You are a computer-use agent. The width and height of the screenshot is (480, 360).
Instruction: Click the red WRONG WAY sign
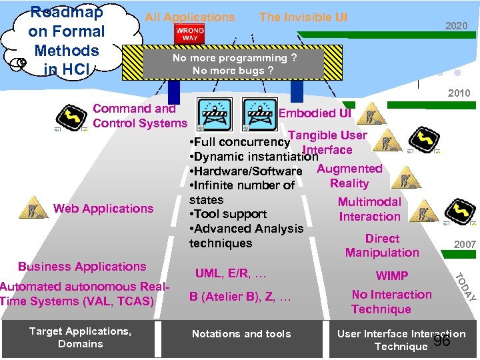tap(189, 34)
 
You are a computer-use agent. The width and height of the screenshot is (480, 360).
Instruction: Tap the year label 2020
tap(457, 26)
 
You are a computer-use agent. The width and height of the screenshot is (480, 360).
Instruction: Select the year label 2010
tap(459, 93)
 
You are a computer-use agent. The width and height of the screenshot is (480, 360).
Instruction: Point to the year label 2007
tap(465, 245)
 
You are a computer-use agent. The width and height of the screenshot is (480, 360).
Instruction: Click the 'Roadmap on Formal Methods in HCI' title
tap(66, 40)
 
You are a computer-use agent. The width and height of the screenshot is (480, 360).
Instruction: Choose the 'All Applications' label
tap(190, 17)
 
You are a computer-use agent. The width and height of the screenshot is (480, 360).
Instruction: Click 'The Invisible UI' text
tap(303, 17)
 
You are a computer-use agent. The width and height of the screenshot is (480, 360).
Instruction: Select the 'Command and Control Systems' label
tap(140, 115)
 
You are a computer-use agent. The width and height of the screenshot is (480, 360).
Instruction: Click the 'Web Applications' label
tap(103, 209)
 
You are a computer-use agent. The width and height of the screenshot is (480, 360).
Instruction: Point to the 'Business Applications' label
tap(82, 267)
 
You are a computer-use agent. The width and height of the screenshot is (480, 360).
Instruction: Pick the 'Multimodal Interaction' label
tap(369, 209)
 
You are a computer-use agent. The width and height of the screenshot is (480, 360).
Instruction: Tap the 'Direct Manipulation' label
tap(382, 245)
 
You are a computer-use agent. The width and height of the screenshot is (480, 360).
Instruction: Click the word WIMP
tap(392, 276)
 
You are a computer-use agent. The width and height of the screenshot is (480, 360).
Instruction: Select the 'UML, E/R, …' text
tap(231, 273)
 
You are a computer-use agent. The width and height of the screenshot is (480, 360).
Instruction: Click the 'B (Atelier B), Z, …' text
tap(240, 297)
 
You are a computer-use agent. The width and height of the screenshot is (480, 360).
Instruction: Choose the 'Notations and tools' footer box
tap(241, 334)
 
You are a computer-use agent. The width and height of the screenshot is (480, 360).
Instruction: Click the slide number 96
tap(441, 341)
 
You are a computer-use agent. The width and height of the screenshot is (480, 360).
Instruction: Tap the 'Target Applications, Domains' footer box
tap(81, 337)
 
